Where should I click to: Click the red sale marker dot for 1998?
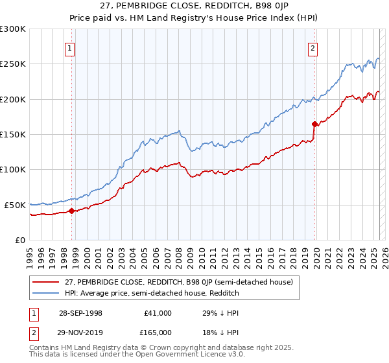71,210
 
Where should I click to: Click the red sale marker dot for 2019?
314,123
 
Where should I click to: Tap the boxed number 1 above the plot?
69,47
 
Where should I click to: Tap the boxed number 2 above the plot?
312,47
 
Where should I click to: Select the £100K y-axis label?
14,169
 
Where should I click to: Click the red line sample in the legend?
45,282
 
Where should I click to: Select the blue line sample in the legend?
45,293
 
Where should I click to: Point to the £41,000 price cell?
158,313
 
